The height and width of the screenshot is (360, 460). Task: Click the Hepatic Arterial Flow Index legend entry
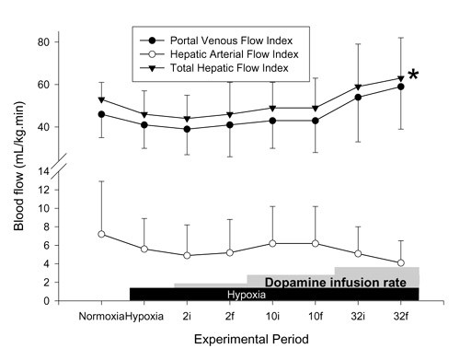tap(224, 55)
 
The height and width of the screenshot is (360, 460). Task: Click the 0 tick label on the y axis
tap(44, 301)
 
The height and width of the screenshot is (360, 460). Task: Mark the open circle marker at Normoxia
tap(101, 234)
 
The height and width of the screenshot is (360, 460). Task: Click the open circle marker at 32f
tap(400, 263)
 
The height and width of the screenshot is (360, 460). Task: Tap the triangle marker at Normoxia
tap(101, 99)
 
